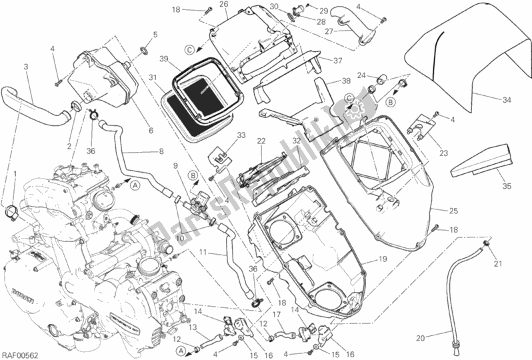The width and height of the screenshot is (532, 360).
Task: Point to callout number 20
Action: click(420, 338)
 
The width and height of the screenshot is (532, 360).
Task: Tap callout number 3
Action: click(25, 67)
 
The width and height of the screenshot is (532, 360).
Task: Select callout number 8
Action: click(161, 151)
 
